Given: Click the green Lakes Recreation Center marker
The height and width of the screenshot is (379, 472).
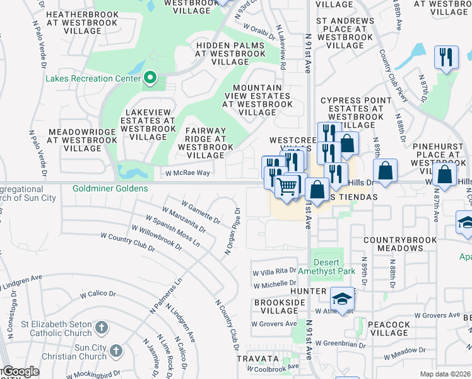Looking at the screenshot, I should (150, 78).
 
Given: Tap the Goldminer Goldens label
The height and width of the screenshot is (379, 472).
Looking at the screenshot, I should (110, 188).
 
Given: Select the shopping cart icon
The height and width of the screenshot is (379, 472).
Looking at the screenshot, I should (287, 187).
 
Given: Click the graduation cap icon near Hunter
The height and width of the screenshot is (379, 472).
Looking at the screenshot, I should (341, 299).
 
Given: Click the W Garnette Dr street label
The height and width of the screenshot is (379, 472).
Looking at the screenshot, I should (201, 213).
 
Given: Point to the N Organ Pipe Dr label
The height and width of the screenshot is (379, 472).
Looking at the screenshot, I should (232, 232).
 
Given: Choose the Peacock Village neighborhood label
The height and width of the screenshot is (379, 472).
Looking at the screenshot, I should (389, 328).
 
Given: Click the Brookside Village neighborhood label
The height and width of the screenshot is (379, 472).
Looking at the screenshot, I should (274, 307).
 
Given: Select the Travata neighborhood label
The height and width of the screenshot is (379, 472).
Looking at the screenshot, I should (257, 358).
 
